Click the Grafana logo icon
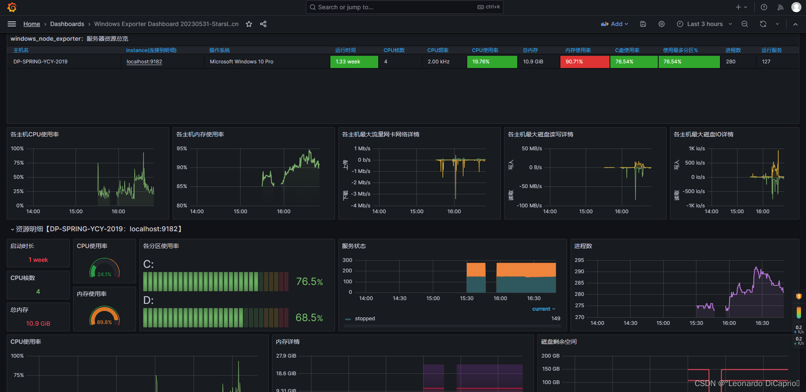click(x=12, y=7)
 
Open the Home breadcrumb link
click(x=31, y=24)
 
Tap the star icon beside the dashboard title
click(x=249, y=24)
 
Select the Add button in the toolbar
click(x=614, y=24)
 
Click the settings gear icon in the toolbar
click(x=662, y=24)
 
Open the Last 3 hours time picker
click(x=704, y=24)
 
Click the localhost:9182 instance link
click(x=144, y=62)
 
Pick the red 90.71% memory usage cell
click(x=584, y=62)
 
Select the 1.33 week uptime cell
click(x=354, y=62)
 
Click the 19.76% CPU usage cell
click(x=492, y=62)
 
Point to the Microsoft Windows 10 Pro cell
click(x=241, y=62)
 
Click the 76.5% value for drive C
click(x=309, y=282)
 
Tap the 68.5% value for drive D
click(x=309, y=318)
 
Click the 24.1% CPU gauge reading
click(x=105, y=274)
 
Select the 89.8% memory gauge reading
click(x=105, y=322)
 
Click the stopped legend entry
click(x=364, y=319)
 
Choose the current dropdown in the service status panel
click(x=544, y=309)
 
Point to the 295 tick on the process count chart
click(x=579, y=260)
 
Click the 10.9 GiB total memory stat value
click(x=38, y=324)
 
